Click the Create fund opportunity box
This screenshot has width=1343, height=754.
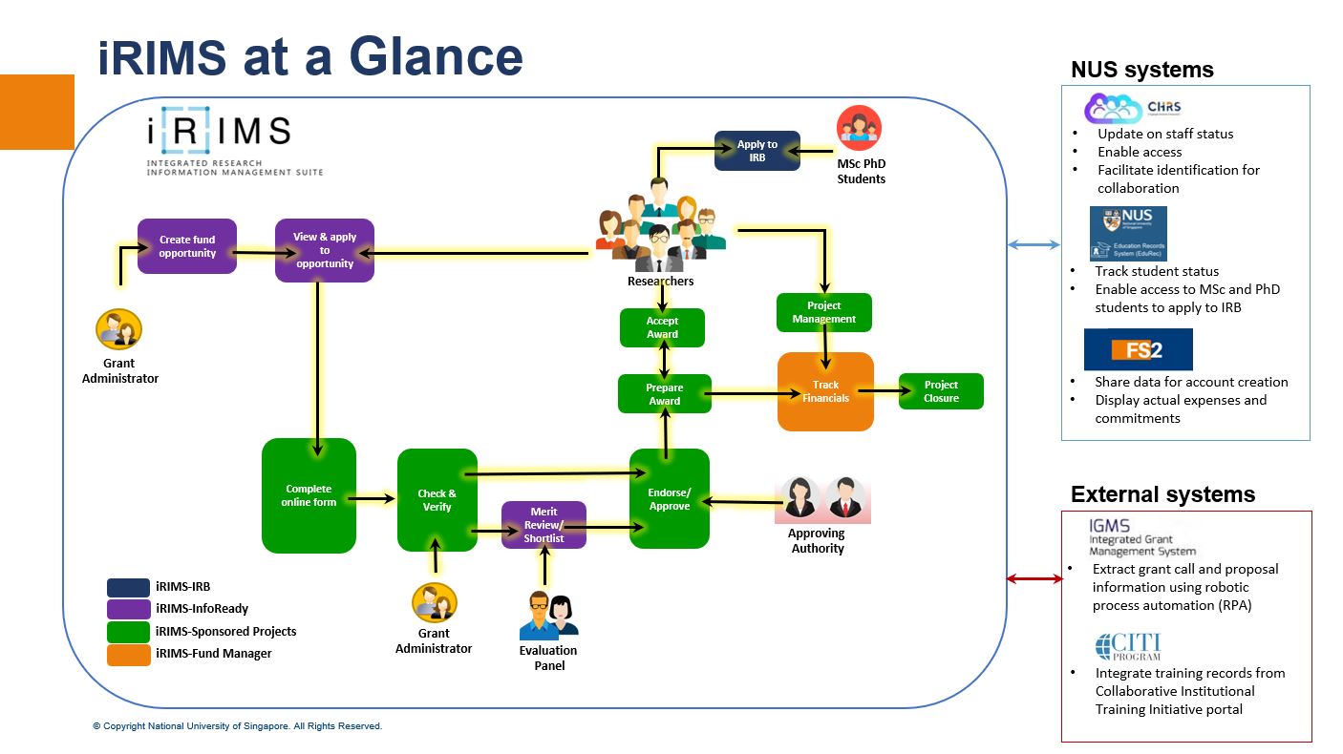point(187,246)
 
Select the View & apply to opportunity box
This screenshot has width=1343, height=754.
point(324,250)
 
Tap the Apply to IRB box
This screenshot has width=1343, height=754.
point(757,151)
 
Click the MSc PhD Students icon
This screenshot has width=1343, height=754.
point(859,129)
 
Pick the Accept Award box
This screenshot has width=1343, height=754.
point(662,327)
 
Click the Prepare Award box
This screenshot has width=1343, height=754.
point(664,394)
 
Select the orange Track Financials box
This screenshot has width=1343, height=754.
point(825,391)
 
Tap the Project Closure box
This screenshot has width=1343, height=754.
point(941,391)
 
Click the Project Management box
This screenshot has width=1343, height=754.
point(823,312)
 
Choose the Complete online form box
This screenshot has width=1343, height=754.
point(309,495)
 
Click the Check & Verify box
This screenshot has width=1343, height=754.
point(437,500)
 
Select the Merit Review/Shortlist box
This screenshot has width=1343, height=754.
point(544,525)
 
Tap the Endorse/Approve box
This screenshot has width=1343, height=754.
point(669,499)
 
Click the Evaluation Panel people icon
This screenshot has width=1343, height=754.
point(548,616)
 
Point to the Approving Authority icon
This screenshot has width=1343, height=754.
point(822,498)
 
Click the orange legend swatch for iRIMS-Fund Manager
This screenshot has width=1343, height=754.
point(128,654)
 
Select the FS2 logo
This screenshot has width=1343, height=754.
point(1138,349)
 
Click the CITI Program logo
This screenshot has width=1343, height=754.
point(1128,646)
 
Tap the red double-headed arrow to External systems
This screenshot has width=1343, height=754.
point(1034,578)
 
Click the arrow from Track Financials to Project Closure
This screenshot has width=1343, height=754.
point(879,390)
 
